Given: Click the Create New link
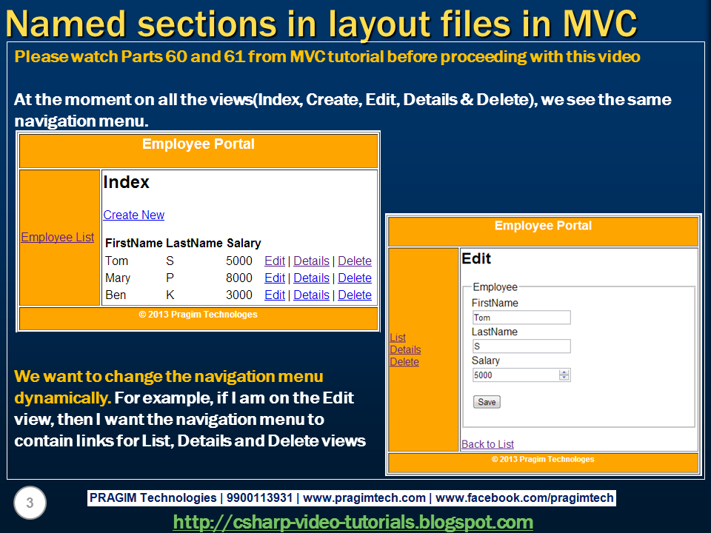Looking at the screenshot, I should coord(133,215).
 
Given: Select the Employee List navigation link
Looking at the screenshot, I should coord(58,237).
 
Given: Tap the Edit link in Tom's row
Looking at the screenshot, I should coord(274,261).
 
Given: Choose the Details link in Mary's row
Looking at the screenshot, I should coord(311,278).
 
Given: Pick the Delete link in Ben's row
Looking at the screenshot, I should coord(354,295).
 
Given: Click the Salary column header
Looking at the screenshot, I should coord(243,243).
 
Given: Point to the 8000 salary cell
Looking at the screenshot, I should coord(239,278).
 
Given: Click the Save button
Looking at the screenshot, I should coord(487,402).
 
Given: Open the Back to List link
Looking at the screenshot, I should coord(487,444).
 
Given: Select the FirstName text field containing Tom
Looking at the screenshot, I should coord(521,318).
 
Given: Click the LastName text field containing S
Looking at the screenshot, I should coord(521,346).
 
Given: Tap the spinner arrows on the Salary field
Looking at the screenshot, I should coord(564,375).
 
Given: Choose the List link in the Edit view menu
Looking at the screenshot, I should coord(398,338).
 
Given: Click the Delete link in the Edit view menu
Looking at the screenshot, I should coord(404,362).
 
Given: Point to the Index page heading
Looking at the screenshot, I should coord(127,182).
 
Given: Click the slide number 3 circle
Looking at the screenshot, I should coord(30,503).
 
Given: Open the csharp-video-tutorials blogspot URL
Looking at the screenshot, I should coord(353,522).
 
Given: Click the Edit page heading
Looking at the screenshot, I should coord(476,258).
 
